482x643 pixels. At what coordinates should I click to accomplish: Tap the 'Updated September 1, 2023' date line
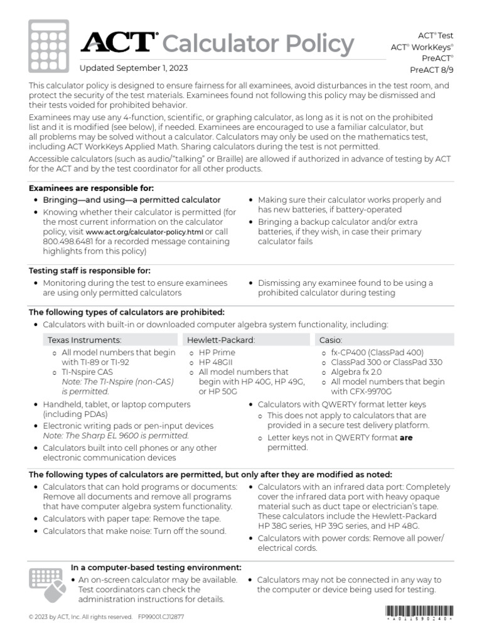point(133,68)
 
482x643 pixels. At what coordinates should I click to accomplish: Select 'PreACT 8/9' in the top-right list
point(431,70)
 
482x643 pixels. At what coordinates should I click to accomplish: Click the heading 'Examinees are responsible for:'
point(92,188)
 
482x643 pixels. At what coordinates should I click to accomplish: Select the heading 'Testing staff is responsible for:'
point(90,271)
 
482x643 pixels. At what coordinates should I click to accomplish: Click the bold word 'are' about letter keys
point(406,438)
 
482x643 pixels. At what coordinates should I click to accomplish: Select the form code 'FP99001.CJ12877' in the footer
point(161,617)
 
